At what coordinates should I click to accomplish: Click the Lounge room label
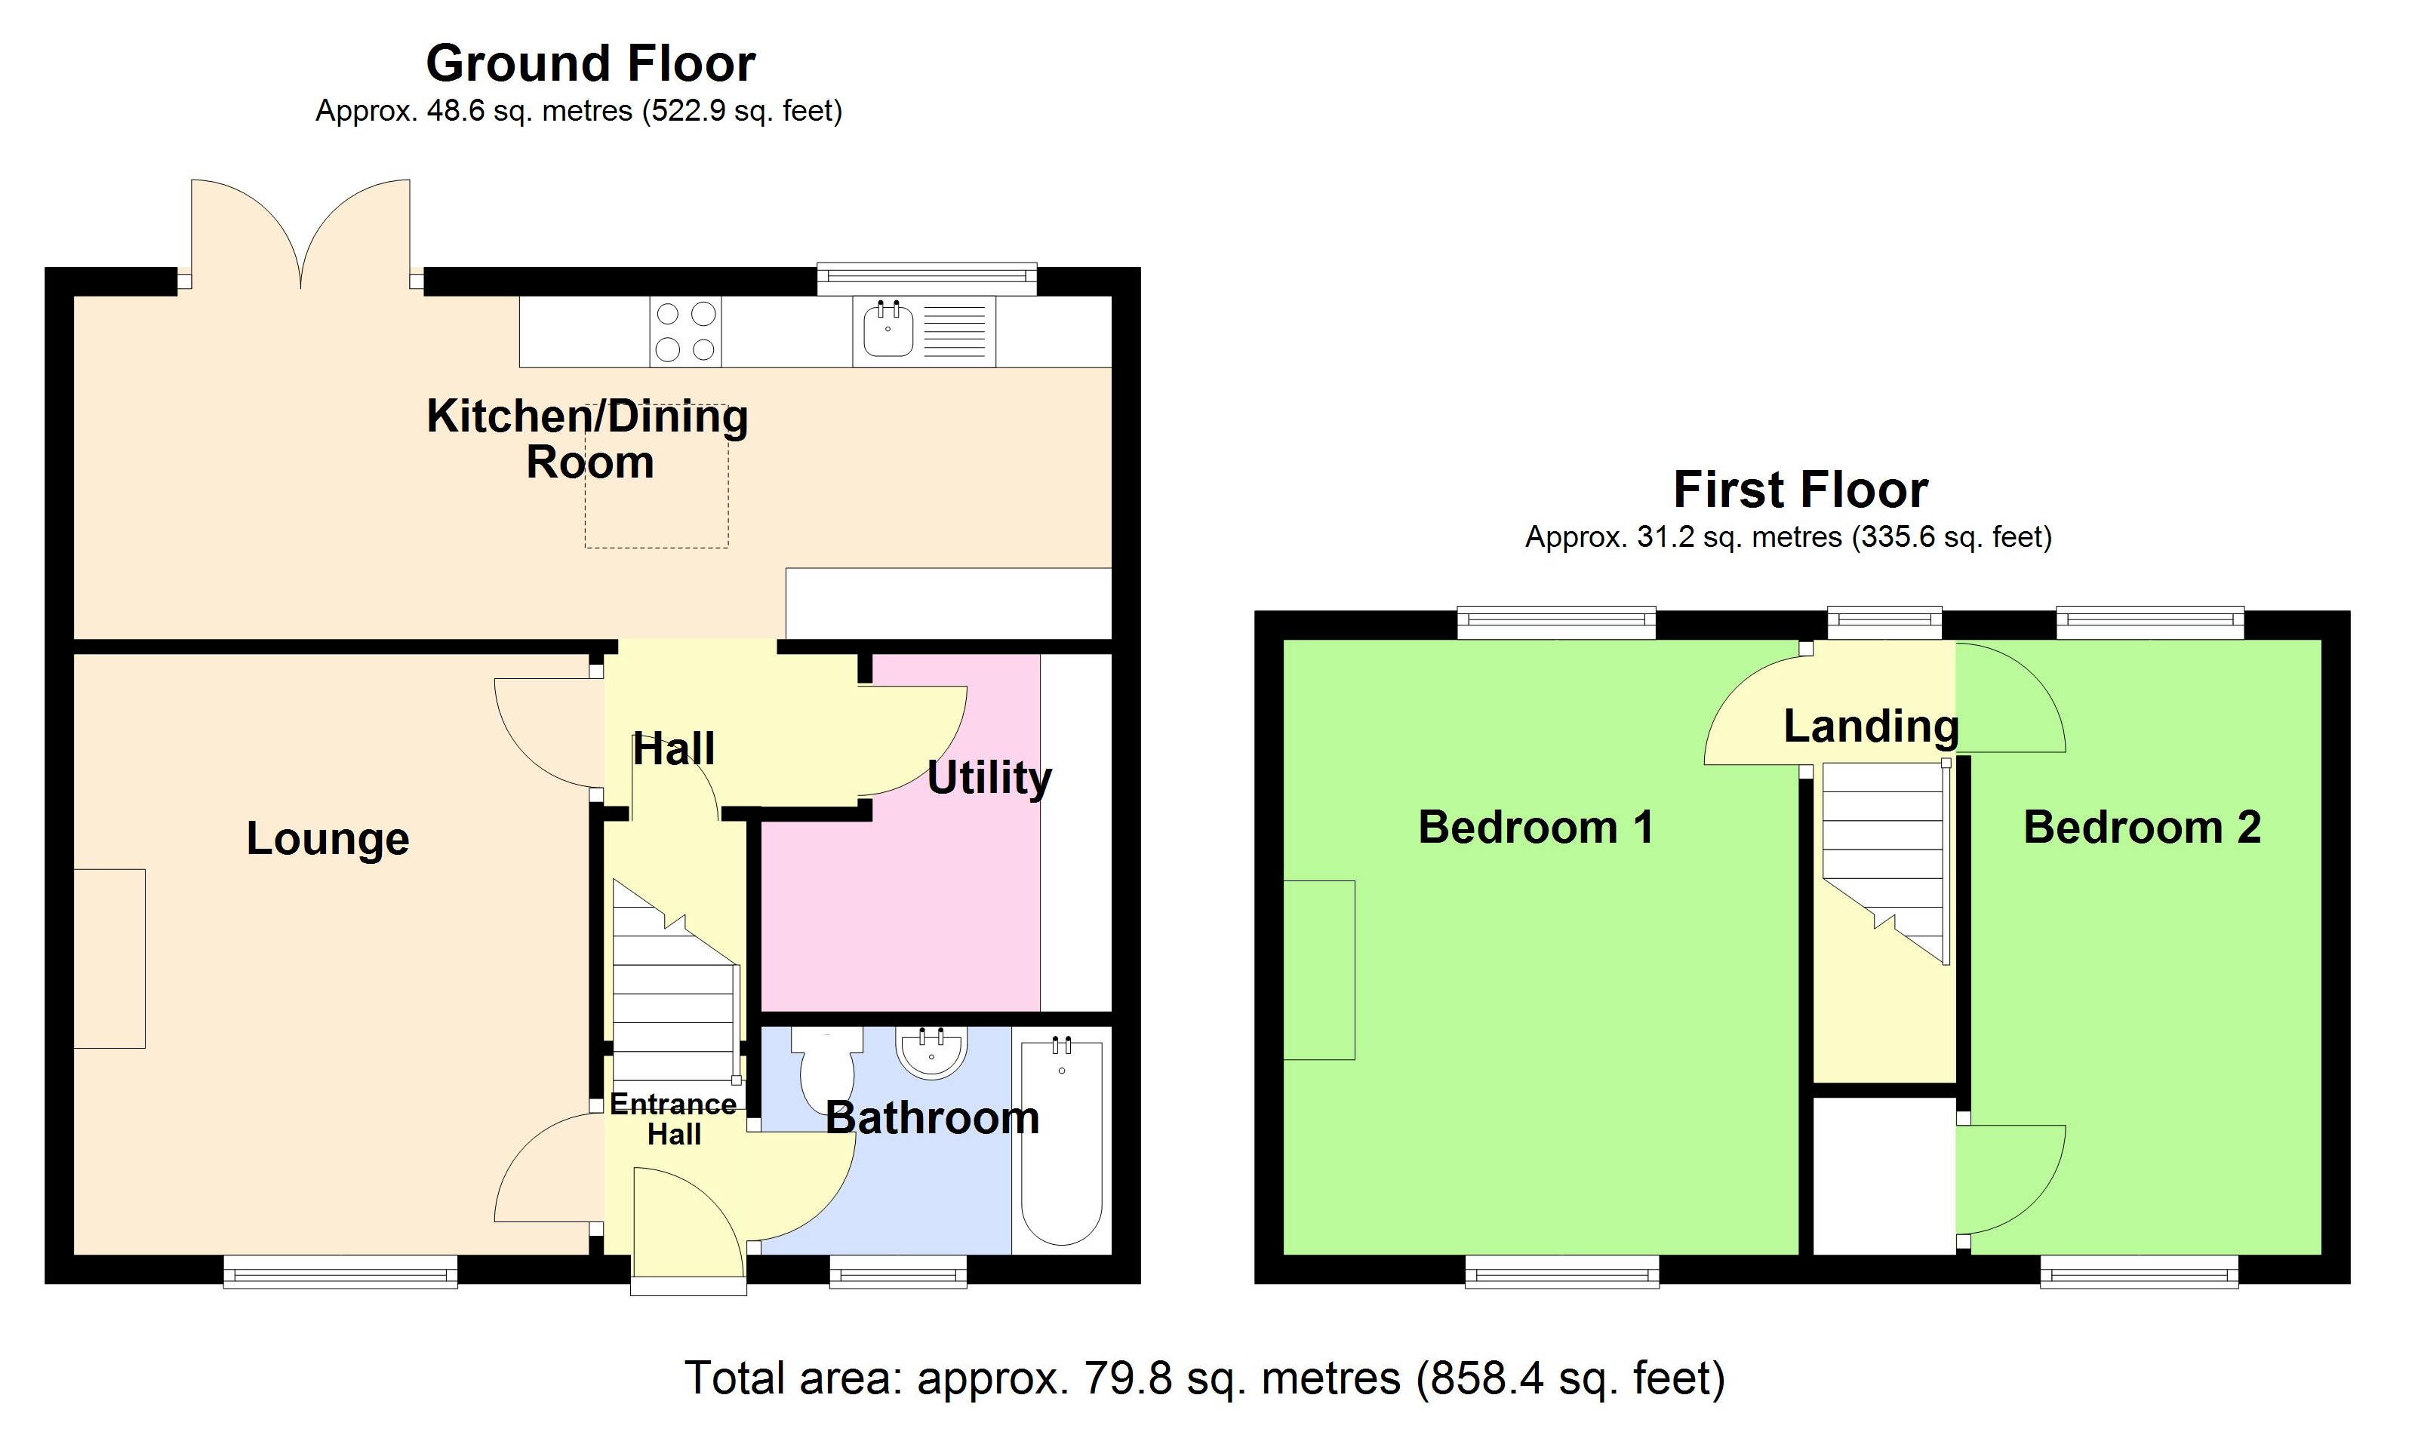pos(328,839)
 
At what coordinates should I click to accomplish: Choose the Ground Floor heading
pos(590,64)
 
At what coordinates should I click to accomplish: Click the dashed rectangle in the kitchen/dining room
pos(656,514)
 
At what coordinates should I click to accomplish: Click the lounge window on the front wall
pos(340,1271)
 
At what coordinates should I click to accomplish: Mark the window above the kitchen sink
pos(927,278)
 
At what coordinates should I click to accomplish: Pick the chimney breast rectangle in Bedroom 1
pos(1319,970)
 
